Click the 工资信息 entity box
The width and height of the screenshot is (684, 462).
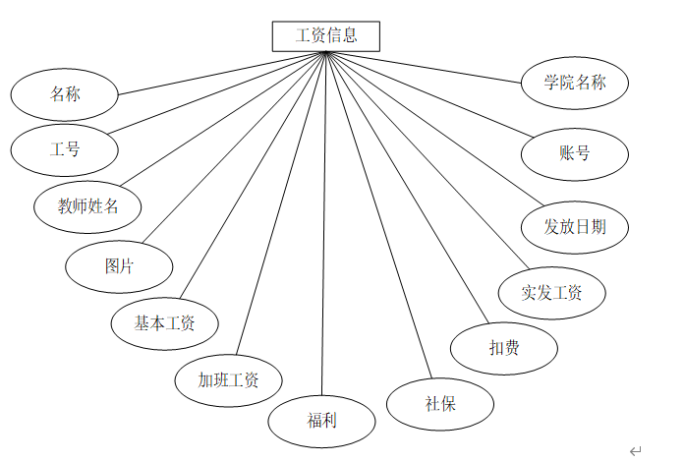(x=325, y=36)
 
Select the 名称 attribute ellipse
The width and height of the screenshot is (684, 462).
(x=65, y=95)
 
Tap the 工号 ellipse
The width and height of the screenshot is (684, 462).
(x=65, y=150)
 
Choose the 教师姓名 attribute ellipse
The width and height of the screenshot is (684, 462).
(x=87, y=206)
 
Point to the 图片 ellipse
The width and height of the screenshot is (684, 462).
(x=119, y=265)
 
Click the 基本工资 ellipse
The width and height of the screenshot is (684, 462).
(x=164, y=321)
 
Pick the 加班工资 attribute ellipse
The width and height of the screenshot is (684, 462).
(x=228, y=379)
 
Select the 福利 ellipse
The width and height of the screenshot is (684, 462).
(x=321, y=421)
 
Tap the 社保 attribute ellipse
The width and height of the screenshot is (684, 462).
(x=440, y=403)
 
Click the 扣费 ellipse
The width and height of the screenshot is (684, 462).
(x=504, y=347)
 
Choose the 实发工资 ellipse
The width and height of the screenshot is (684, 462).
(x=551, y=292)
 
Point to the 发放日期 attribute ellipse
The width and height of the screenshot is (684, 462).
(x=574, y=226)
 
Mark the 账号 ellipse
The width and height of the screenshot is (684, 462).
(x=574, y=152)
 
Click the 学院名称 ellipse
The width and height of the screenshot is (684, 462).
(x=575, y=83)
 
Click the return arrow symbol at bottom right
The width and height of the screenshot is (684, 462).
(x=635, y=451)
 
